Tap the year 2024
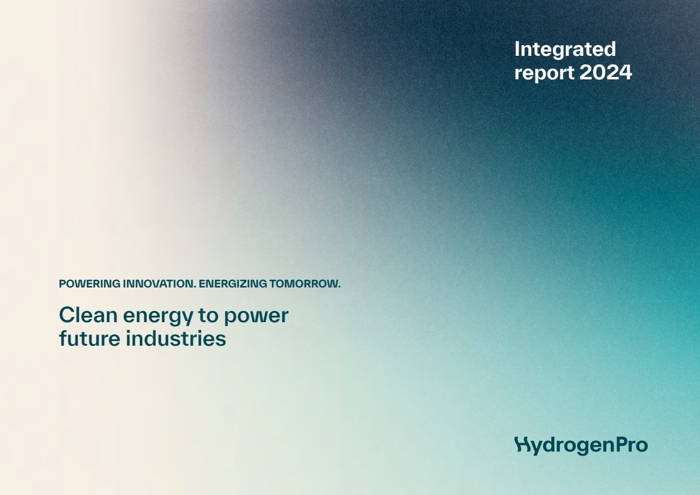(605, 72)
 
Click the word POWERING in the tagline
(90, 284)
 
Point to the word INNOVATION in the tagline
(159, 284)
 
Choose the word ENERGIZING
(233, 284)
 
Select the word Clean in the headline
(88, 315)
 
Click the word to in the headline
(207, 316)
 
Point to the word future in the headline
(90, 339)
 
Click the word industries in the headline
(176, 339)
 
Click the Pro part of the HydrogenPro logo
(632, 444)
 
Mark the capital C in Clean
(67, 315)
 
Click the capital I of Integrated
(517, 49)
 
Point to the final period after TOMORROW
(339, 287)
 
